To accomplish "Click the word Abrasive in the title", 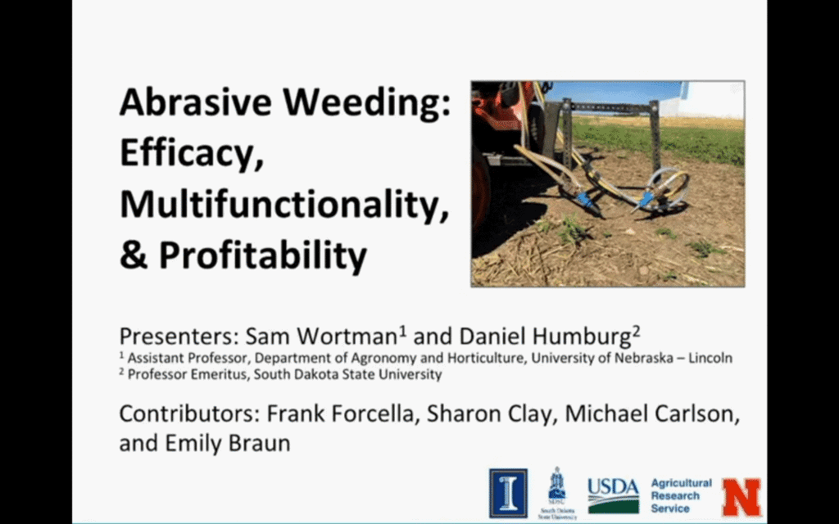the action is coord(196,102).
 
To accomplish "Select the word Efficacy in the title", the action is coord(193,154).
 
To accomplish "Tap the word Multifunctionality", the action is coord(284,205).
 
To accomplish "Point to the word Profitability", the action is coord(263,255).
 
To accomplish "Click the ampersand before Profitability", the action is coord(134,255).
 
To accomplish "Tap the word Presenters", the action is coord(179,337).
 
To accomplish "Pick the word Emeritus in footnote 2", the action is coord(224,374).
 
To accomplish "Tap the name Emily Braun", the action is coord(228,443).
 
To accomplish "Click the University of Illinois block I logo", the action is coord(508,493).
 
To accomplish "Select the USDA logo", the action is coord(613,495).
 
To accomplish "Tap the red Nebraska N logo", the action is coord(741,497).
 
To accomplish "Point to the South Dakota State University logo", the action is coord(557,493).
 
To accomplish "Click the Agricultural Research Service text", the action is coord(681,495).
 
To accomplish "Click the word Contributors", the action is coord(189,414).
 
